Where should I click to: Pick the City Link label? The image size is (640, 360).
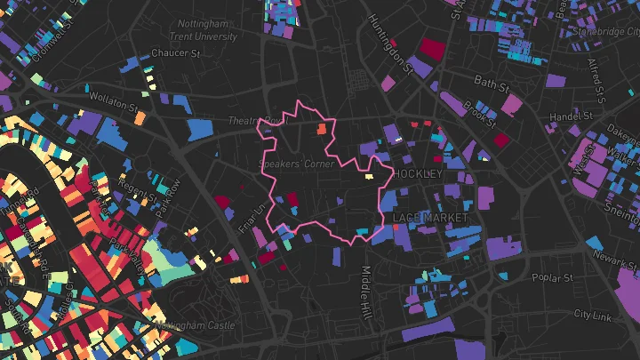[593, 315]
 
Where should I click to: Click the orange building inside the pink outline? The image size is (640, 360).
[322, 129]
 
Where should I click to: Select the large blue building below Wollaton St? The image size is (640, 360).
[201, 130]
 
